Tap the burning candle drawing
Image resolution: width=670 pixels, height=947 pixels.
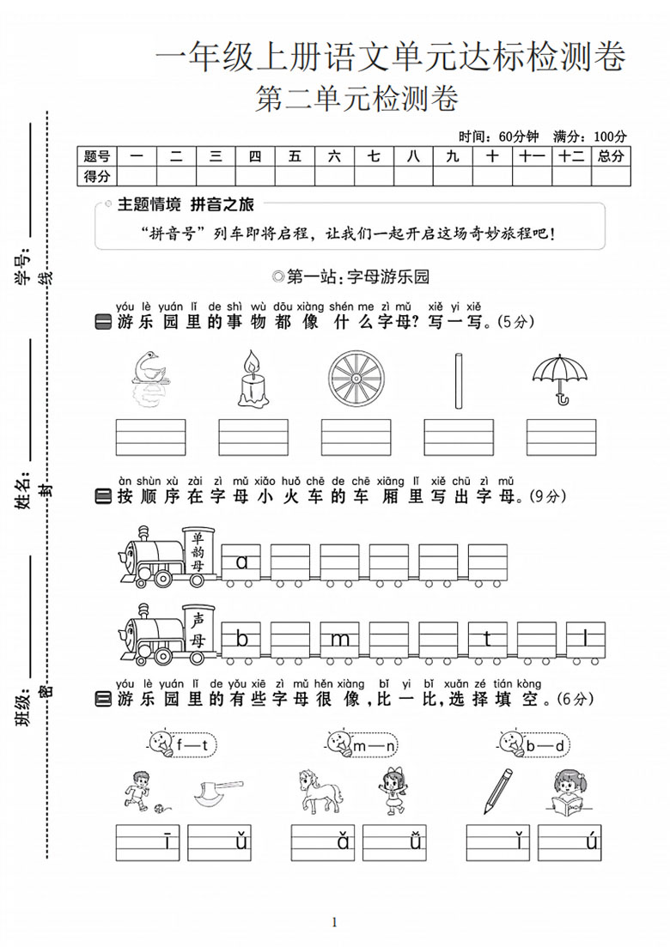252,378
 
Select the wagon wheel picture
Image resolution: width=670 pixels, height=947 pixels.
356,379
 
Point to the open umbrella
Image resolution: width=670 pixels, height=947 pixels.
560,379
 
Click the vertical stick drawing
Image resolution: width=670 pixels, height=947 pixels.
460,380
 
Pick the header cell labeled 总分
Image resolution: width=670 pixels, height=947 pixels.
611,156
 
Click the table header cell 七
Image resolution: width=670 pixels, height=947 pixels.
374,156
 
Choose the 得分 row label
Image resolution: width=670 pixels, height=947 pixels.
97,176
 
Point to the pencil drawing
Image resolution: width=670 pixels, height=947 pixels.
497,792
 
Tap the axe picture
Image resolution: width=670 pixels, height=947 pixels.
218,793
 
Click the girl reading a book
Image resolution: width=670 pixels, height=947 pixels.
570,791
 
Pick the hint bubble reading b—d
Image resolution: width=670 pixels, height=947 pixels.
535,744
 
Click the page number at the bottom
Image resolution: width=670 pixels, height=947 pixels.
334,921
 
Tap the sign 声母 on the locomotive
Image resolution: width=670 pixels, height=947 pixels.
198,630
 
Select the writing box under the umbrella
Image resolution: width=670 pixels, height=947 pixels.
561,437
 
